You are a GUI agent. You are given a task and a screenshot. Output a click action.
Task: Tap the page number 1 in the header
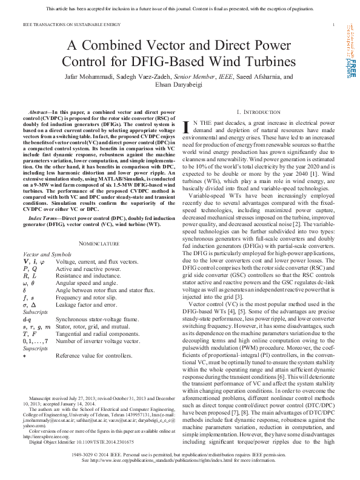tap(334, 25)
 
